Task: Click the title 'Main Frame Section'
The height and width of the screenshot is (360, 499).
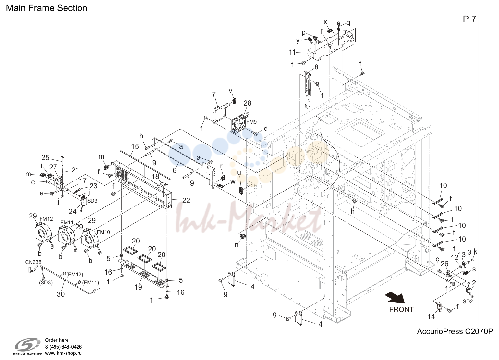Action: (x=47, y=8)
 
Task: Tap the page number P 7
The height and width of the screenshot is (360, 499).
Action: (x=469, y=19)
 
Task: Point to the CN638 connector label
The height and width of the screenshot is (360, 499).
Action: (x=33, y=262)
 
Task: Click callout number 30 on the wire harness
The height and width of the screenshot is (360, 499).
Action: (x=61, y=294)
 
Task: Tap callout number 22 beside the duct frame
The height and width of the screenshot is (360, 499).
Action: (x=186, y=200)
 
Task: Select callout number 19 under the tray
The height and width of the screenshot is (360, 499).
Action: (x=138, y=287)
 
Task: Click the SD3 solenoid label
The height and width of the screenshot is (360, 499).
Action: (x=92, y=201)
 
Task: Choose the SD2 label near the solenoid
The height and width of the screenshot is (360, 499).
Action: (x=468, y=301)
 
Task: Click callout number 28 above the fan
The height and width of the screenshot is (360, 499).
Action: (x=247, y=103)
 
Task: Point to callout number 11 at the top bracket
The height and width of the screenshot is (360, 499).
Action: (x=292, y=52)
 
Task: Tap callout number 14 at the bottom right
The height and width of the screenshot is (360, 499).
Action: (x=431, y=316)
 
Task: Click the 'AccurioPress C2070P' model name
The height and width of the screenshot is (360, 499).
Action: (x=455, y=331)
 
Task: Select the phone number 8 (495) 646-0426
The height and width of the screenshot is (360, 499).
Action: (x=64, y=347)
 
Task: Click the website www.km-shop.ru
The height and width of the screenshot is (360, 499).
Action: (x=64, y=353)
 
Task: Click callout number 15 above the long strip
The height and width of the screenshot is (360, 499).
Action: (x=135, y=146)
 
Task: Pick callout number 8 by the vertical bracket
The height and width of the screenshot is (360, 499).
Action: (x=316, y=67)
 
